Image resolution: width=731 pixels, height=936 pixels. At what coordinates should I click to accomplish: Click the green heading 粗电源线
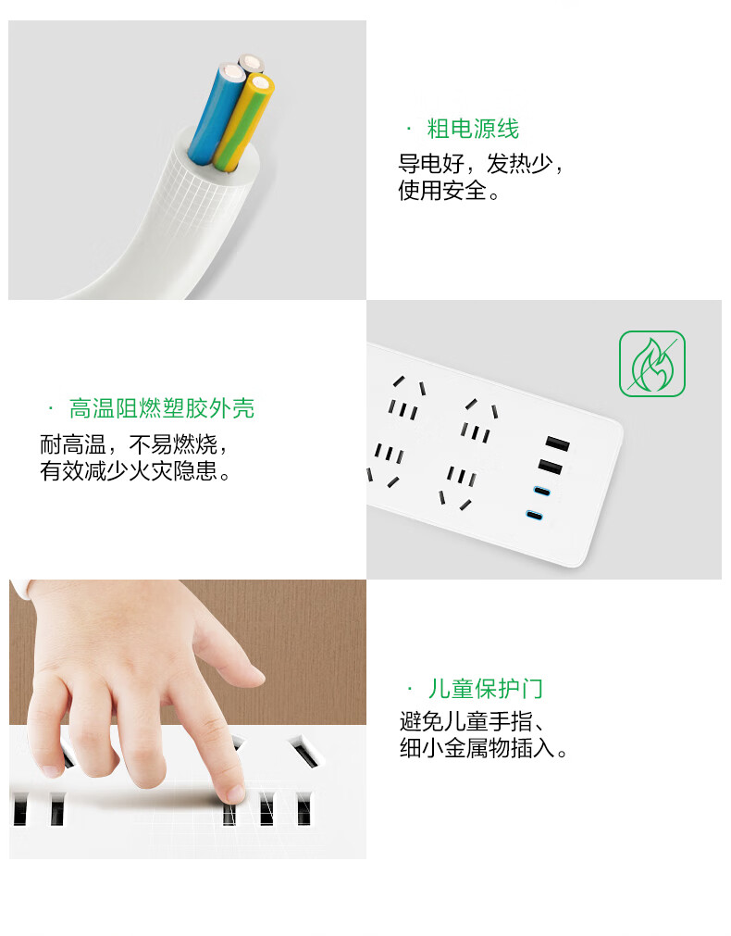click(473, 129)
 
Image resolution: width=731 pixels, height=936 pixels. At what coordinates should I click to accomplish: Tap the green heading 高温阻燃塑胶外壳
click(162, 409)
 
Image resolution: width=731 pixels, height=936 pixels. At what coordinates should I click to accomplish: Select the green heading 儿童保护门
click(485, 689)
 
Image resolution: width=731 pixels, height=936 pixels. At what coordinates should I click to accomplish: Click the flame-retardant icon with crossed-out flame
click(652, 364)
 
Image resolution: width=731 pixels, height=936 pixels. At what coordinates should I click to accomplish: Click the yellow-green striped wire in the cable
click(244, 122)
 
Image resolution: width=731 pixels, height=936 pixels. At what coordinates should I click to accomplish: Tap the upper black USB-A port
click(557, 443)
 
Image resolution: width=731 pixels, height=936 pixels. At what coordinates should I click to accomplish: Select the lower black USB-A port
click(551, 468)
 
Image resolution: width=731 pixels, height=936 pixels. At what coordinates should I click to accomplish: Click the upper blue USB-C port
click(542, 492)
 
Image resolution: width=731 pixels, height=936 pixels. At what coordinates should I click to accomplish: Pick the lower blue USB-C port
click(534, 515)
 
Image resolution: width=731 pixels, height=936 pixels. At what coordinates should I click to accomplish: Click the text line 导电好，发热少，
click(481, 164)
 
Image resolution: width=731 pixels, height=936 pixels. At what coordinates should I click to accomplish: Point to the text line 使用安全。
click(450, 191)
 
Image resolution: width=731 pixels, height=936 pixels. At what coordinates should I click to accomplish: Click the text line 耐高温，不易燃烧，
click(134, 444)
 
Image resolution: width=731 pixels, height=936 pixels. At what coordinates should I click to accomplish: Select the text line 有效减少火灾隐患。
click(135, 471)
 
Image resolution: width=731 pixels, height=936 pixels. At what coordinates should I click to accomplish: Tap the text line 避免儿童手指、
click(473, 722)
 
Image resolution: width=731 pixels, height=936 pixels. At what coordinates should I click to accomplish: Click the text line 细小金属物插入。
click(484, 748)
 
